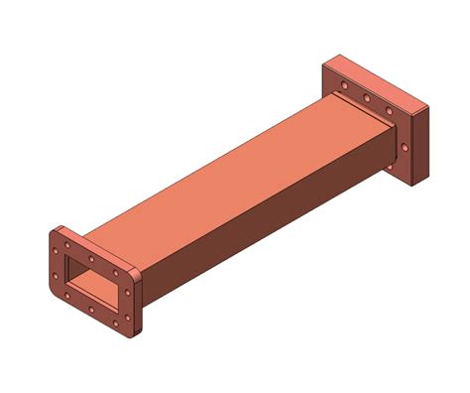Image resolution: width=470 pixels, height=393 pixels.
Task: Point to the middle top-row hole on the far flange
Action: point(367,98)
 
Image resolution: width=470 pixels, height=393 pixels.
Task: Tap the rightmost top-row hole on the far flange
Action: point(389,111)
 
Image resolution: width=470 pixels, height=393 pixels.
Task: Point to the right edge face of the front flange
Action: point(141,303)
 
